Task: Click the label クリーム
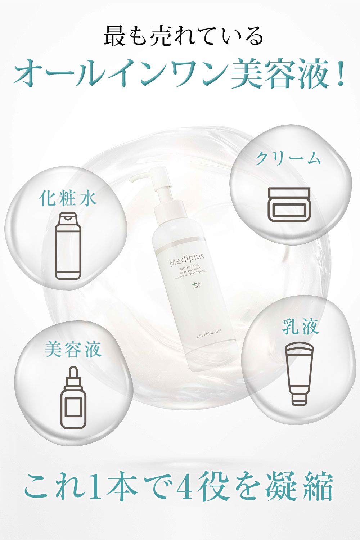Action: tap(288, 159)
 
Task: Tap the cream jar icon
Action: tap(288, 204)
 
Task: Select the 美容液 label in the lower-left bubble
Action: tap(73, 349)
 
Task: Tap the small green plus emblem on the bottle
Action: tap(195, 285)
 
